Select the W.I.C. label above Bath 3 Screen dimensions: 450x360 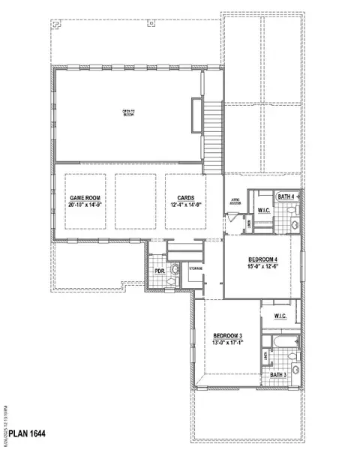point(280,316)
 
